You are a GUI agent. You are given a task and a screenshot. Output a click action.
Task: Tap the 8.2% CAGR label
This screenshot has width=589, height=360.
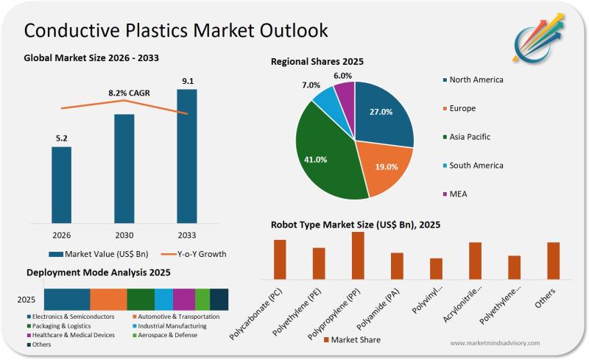[x=125, y=93]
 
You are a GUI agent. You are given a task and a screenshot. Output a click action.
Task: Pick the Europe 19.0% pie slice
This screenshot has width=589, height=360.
[x=383, y=169]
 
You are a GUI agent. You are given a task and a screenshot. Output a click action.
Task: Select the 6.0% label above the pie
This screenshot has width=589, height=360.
[x=343, y=76]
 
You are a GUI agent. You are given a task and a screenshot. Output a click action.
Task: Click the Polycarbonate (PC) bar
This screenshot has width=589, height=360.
[x=280, y=259]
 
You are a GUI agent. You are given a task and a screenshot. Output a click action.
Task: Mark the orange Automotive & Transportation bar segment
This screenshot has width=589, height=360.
[x=108, y=299]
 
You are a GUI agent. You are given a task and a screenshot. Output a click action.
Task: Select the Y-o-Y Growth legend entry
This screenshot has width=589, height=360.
[x=193, y=254]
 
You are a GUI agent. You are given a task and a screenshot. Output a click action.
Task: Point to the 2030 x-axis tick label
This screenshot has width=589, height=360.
[x=124, y=235]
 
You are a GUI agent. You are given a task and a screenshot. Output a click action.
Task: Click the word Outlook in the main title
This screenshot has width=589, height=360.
[x=283, y=31]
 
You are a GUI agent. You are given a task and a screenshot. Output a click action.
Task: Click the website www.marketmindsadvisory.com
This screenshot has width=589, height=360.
[x=495, y=343]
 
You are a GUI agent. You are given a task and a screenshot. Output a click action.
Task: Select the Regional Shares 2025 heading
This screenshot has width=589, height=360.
[x=317, y=61]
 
